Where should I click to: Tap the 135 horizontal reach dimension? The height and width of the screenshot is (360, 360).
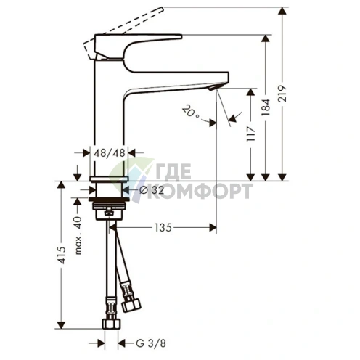tap(163, 228)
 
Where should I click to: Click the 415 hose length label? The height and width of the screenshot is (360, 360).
tap(63, 255)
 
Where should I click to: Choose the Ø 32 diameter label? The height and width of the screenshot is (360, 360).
tap(150, 190)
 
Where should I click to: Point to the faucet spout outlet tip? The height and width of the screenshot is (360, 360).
tap(213, 86)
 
